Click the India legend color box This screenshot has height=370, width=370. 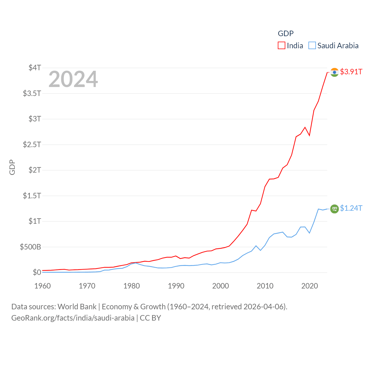[281, 46]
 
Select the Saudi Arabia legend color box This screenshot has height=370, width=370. [312, 46]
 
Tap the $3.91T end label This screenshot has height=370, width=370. [351, 72]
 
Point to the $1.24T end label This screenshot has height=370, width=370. [351, 208]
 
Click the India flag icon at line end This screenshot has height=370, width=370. [334, 72]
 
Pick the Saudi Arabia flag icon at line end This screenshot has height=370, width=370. [334, 209]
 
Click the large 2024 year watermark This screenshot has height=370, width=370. [73, 79]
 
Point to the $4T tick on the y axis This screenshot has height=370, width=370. [35, 68]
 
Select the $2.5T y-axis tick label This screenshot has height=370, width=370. [32, 144]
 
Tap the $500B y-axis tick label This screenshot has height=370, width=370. [30, 247]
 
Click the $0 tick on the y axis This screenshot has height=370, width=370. [37, 272]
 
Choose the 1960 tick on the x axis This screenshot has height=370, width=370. [42, 286]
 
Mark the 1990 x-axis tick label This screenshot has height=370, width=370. [176, 286]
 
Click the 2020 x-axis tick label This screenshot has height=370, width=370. [310, 286]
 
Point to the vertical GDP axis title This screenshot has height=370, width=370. [12, 167]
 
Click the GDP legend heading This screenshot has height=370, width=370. [286, 34]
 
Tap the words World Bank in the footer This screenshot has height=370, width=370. [77, 306]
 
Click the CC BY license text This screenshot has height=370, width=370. [150, 318]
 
